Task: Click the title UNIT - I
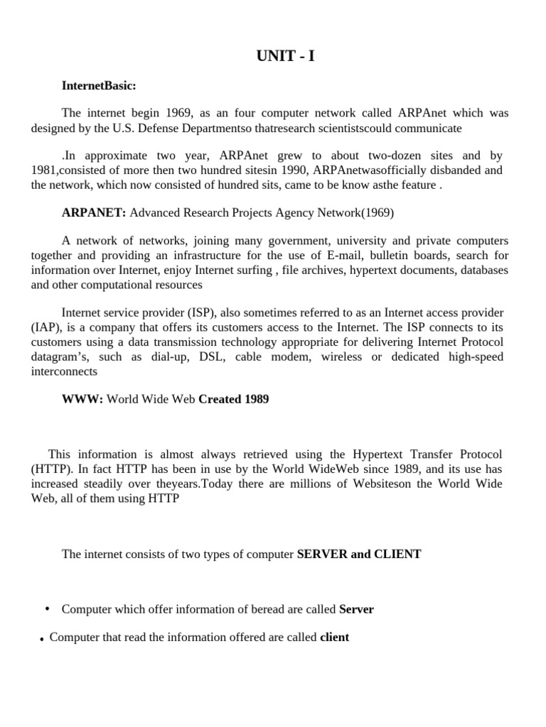pyautogui.click(x=284, y=57)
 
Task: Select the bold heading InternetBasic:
pyautogui.click(x=99, y=86)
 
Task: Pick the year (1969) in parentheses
pyautogui.click(x=378, y=212)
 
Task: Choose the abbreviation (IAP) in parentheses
pyautogui.click(x=47, y=327)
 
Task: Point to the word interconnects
pyautogui.click(x=65, y=371)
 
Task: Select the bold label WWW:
pyautogui.click(x=82, y=399)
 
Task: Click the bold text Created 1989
pyautogui.click(x=234, y=399)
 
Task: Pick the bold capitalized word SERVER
pyautogui.click(x=321, y=554)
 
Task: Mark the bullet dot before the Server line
pyautogui.click(x=47, y=608)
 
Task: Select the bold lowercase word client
pyautogui.click(x=335, y=638)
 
